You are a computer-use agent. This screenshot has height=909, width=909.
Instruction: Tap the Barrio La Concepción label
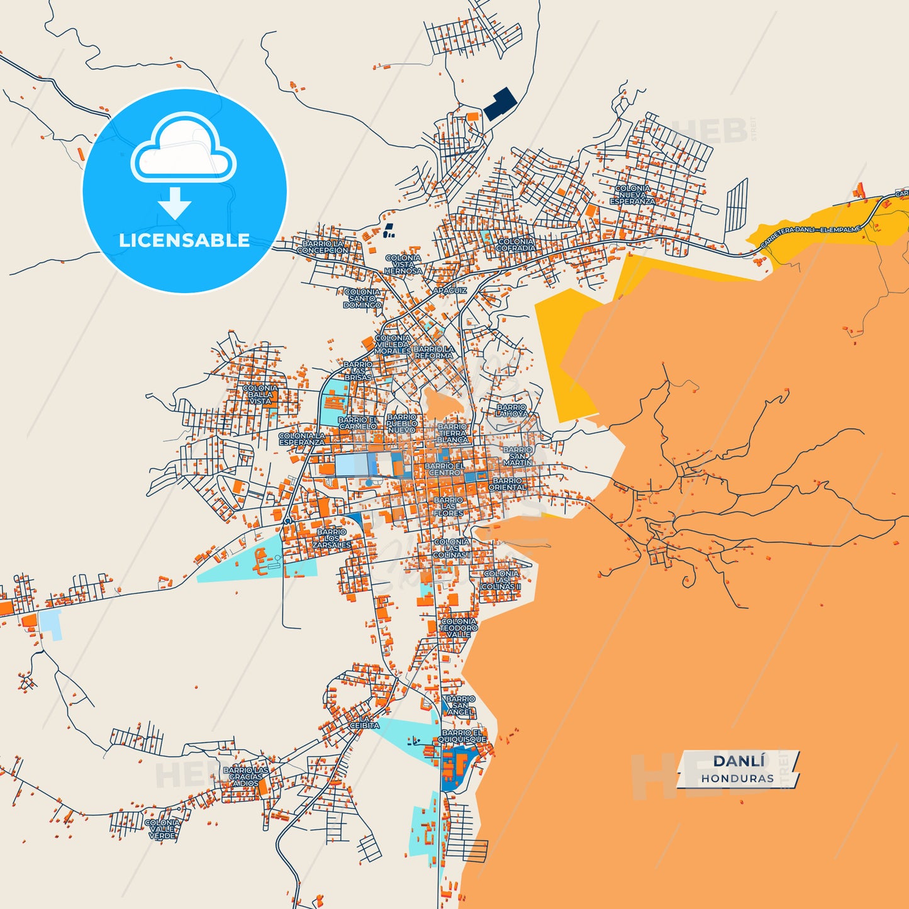pyautogui.click(x=322, y=247)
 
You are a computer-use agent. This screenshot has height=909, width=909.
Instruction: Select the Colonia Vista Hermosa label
pyautogui.click(x=403, y=264)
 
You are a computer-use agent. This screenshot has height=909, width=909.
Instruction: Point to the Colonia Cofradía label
pyautogui.click(x=515, y=245)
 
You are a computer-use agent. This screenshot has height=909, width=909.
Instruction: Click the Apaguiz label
pyautogui.click(x=450, y=291)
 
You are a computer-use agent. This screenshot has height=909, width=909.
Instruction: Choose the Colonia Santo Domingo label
pyautogui.click(x=362, y=298)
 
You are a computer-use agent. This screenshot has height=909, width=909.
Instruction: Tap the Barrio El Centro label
pyautogui.click(x=445, y=469)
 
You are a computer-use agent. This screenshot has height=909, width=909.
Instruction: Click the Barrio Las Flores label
pyautogui.click(x=448, y=506)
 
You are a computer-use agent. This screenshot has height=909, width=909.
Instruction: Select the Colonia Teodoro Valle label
pyautogui.click(x=458, y=628)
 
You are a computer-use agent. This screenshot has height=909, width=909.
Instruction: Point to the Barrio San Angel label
pyautogui.click(x=460, y=705)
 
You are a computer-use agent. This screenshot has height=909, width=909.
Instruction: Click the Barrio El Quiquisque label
pyautogui.click(x=464, y=736)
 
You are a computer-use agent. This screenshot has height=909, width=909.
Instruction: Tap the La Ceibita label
pyautogui.click(x=365, y=722)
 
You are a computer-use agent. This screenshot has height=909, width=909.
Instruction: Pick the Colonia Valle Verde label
pyautogui.click(x=162, y=828)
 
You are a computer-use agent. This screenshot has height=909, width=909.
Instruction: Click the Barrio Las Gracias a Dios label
pyautogui.click(x=245, y=777)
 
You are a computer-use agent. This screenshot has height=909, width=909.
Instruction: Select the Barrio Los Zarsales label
pyautogui.click(x=332, y=538)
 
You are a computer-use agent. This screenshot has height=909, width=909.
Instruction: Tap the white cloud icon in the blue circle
pyautogui.click(x=183, y=149)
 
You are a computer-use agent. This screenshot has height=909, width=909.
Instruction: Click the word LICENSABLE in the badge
pyautogui.click(x=184, y=240)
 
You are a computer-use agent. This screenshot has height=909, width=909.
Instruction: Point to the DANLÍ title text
pyautogui.click(x=739, y=761)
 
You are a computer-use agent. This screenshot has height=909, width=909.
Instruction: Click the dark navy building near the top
pyautogui.click(x=499, y=104)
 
